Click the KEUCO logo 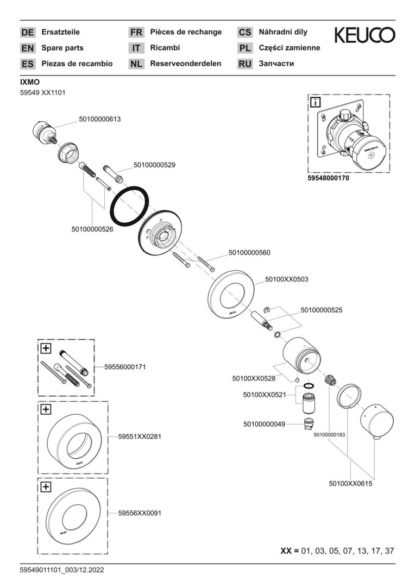coord(364,35)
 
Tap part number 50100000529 coord(154,164)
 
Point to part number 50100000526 coord(92,229)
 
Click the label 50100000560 coord(249,252)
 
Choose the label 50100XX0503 coord(287,279)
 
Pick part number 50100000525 coord(322,310)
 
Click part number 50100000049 coord(264,424)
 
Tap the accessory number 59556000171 coord(125,367)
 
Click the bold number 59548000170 coord(329,177)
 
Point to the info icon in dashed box coord(316,102)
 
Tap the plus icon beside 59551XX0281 coord(46,409)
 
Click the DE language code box coord(27,32)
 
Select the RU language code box coord(245,64)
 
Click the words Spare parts coord(62,48)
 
